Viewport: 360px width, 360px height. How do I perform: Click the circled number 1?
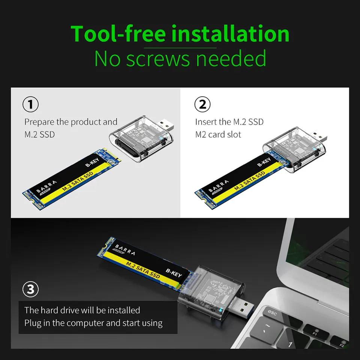(30, 104)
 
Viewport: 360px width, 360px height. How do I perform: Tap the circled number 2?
(202, 104)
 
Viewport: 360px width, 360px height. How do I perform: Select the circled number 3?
(30, 289)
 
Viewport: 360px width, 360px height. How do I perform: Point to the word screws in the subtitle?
(158, 59)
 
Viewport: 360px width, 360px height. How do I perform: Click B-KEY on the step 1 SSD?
(92, 162)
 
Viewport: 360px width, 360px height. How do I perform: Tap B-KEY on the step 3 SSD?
(174, 273)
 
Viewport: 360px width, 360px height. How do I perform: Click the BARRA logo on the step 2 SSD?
(218, 186)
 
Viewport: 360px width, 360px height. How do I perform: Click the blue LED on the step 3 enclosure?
(221, 310)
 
